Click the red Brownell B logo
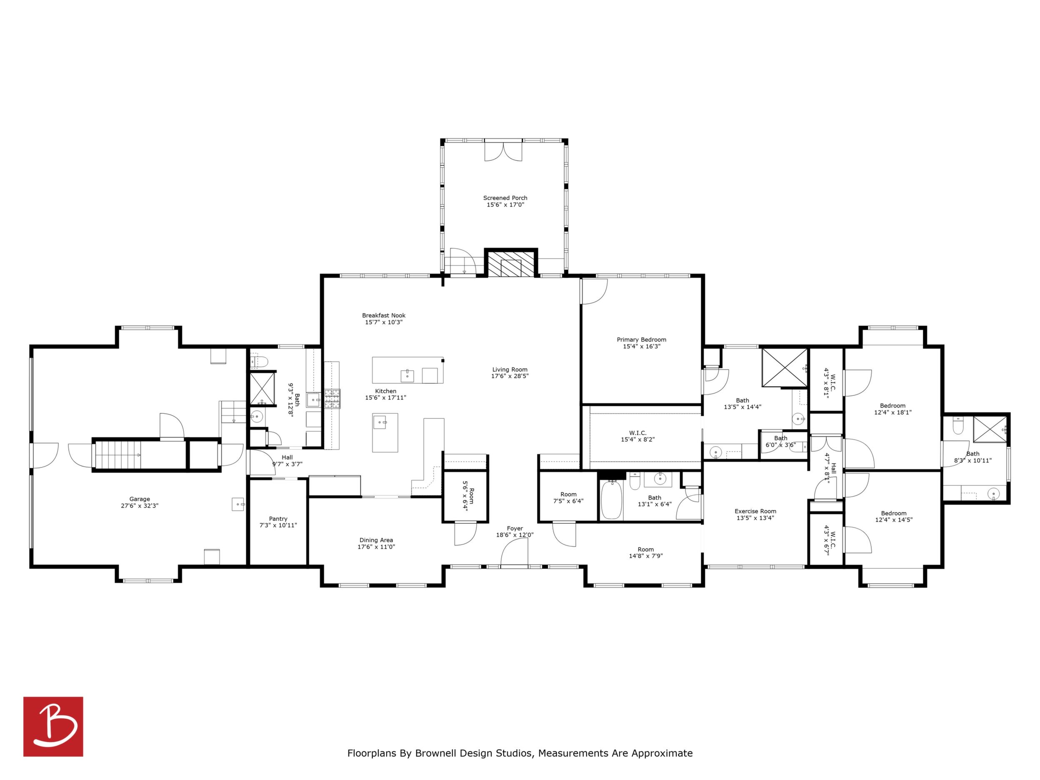[x=53, y=726]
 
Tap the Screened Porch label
[x=505, y=198]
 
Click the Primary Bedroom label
[x=641, y=340]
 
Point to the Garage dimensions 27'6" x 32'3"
[x=140, y=506]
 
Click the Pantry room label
[x=278, y=519]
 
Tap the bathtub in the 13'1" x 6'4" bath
[x=611, y=499]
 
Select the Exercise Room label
[x=755, y=511]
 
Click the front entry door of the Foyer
[x=514, y=553]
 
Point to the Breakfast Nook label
[x=384, y=315]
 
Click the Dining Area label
[x=376, y=540]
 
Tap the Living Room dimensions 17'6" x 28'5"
[x=510, y=376]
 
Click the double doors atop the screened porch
[x=503, y=150]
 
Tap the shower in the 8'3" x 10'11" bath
[x=990, y=429]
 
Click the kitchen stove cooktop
[x=332, y=399]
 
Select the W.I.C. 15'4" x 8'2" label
[x=637, y=433]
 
